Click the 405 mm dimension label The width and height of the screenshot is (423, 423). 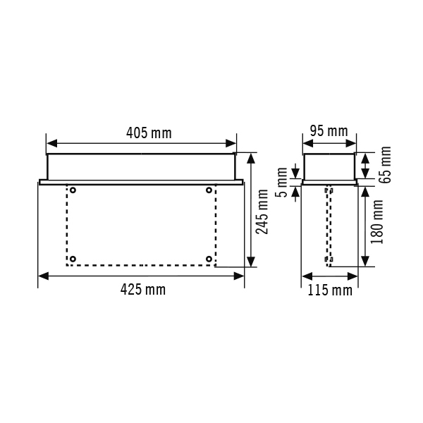click(x=149, y=133)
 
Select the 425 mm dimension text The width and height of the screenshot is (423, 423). click(x=142, y=290)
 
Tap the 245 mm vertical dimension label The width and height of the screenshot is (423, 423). click(x=262, y=211)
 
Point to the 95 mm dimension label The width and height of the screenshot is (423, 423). click(x=329, y=131)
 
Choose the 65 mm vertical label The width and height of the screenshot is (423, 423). click(x=385, y=165)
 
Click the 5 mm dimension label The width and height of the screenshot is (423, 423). click(x=281, y=183)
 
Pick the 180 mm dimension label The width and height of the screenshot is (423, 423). click(x=377, y=222)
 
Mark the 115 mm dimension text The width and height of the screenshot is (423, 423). click(x=330, y=290)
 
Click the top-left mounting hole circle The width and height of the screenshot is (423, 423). click(x=73, y=190)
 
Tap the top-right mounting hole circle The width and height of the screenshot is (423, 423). click(x=209, y=190)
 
